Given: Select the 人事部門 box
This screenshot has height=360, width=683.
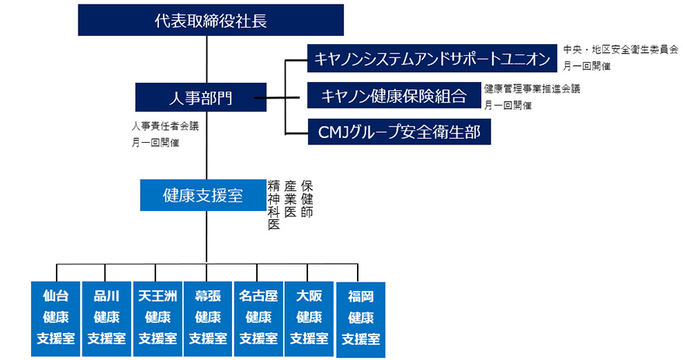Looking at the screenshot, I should [x=200, y=97].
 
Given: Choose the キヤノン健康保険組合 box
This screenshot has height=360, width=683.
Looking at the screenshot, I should [x=394, y=96].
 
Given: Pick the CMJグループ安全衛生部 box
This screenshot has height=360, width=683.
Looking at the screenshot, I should [x=399, y=132].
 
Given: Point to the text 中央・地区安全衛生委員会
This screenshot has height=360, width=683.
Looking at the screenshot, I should [x=620, y=49].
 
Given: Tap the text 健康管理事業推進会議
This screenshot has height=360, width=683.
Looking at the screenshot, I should [x=532, y=89].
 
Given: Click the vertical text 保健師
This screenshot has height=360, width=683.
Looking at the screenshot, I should [x=307, y=199].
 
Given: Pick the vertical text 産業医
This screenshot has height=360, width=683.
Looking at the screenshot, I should [x=290, y=199].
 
